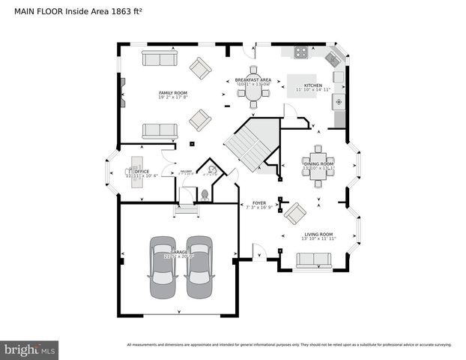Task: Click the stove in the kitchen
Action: (x=300, y=52)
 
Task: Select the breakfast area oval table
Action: (x=253, y=91)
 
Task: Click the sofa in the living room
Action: (x=313, y=260)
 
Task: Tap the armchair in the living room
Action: (x=294, y=214)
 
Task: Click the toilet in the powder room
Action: (x=205, y=192)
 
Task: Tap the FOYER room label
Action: (x=259, y=203)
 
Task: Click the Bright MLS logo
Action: (x=30, y=349)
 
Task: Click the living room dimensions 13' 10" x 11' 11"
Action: (x=317, y=239)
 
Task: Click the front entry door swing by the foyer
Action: (x=259, y=252)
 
